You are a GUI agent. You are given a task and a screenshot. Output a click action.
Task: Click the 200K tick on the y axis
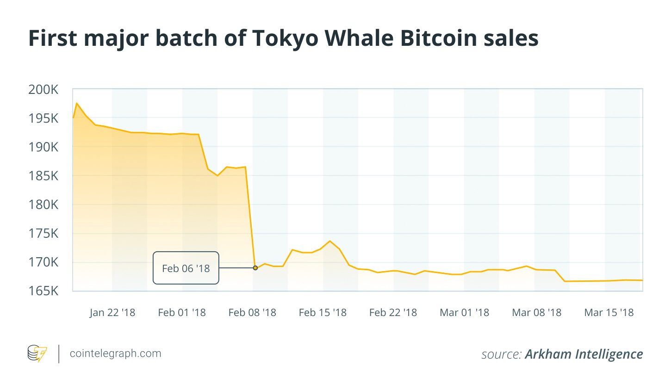point(43,89)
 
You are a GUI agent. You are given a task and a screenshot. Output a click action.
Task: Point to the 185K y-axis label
point(43,176)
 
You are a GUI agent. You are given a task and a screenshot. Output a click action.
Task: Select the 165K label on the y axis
point(43,291)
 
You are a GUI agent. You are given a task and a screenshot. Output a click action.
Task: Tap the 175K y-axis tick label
point(43,233)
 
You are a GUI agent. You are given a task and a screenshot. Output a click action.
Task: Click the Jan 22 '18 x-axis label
point(112,313)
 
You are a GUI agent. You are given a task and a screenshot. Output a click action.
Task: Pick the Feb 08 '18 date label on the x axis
point(252,313)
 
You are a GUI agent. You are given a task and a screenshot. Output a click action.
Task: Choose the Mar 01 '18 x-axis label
point(464,313)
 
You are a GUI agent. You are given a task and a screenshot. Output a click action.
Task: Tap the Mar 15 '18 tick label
point(609,313)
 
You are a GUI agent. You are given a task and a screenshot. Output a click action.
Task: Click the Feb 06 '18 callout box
point(186,268)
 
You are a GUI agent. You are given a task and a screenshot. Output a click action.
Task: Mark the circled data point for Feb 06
point(255,268)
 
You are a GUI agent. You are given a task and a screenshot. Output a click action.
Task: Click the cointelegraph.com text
point(116,354)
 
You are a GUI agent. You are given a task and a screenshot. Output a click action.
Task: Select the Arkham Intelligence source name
point(584,354)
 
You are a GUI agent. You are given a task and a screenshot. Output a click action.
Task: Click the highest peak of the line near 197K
point(76,103)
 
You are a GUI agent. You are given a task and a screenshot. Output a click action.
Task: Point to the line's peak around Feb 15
point(330,241)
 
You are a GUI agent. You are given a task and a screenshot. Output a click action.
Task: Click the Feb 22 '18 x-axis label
point(393,313)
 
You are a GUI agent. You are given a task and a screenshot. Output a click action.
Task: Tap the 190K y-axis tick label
point(43,147)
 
